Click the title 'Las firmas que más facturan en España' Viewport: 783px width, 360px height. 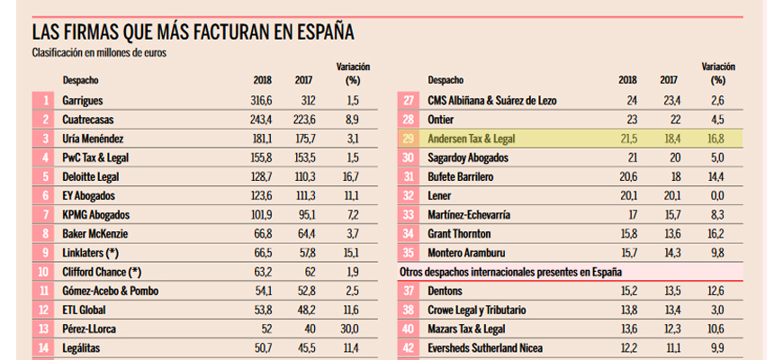pos(193,33)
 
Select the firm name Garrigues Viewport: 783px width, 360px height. pos(84,100)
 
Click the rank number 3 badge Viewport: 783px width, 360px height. pos(45,139)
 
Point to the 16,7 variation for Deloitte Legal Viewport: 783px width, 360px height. pos(353,177)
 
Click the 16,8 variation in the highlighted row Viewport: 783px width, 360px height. pos(717,139)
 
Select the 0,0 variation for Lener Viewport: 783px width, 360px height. pos(717,196)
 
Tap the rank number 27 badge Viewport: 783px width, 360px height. pos(409,100)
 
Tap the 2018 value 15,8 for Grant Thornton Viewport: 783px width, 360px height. pos(626,234)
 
